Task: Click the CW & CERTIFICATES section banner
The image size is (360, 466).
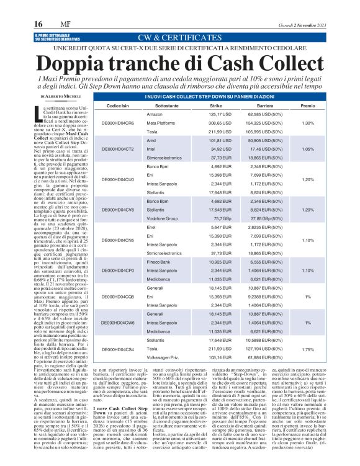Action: (x=179, y=37)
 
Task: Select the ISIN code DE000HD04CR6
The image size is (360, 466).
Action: (x=118, y=123)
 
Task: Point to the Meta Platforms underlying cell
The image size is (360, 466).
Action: (x=161, y=123)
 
